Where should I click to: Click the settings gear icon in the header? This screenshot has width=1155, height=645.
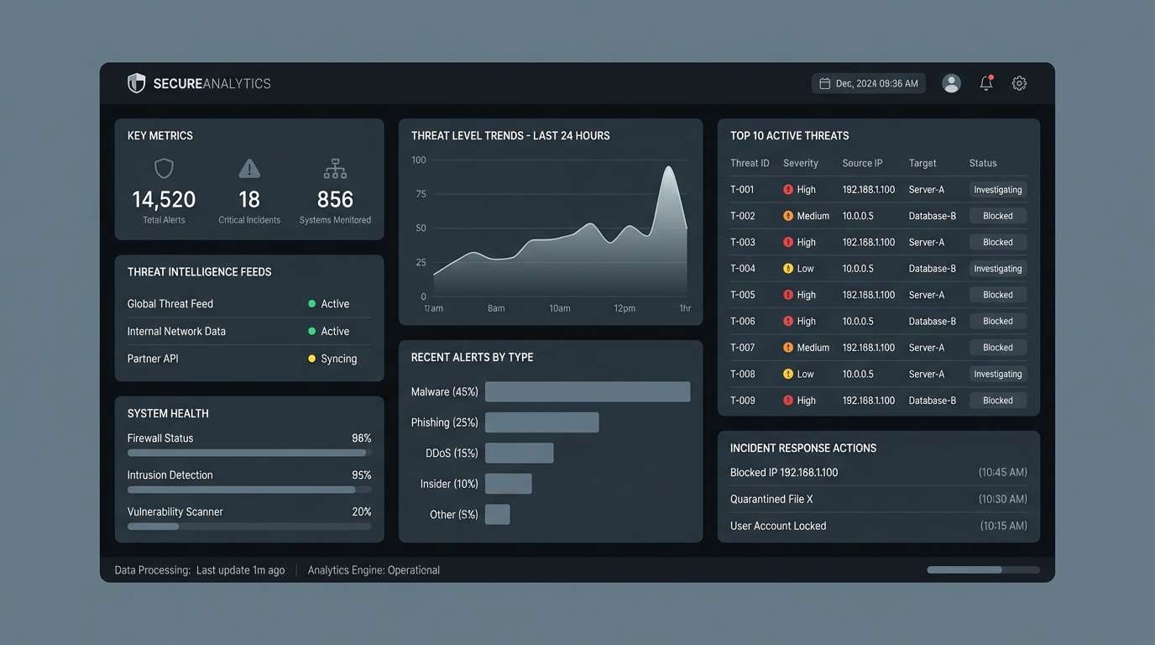1019,83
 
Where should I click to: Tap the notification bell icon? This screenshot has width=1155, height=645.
986,83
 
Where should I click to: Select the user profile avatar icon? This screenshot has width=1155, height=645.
951,83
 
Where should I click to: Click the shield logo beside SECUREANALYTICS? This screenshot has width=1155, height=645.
136,83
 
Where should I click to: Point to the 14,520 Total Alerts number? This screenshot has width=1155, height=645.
164,200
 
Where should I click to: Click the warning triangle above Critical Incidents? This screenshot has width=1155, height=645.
249,169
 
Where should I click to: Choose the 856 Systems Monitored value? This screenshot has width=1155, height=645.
335,200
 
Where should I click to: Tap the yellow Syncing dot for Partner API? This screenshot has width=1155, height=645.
312,359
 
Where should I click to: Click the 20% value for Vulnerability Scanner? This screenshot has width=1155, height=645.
361,511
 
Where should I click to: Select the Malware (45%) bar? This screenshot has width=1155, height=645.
588,391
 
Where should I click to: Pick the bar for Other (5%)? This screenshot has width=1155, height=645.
497,514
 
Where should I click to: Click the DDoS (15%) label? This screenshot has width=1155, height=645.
452,454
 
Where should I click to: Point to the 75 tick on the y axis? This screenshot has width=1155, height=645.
421,194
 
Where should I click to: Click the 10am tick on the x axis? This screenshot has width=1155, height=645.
560,308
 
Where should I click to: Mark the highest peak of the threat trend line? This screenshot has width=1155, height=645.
668,167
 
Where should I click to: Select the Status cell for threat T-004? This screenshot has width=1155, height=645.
997,269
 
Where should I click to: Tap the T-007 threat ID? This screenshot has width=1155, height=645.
743,348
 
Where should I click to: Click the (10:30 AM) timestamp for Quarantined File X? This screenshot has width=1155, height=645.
1002,499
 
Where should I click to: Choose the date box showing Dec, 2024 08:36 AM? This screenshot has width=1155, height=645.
869,83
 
